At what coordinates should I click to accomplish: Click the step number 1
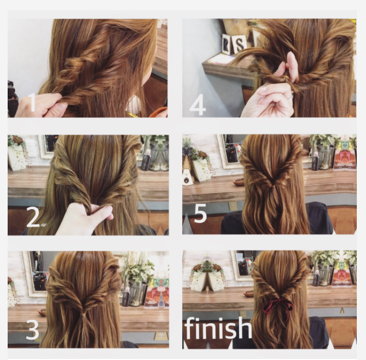[32, 102]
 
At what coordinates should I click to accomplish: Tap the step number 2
[33, 217]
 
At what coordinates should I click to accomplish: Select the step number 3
[32, 329]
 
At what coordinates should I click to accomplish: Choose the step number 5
[201, 213]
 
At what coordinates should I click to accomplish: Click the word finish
[218, 328]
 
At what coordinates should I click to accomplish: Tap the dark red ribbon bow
[278, 306]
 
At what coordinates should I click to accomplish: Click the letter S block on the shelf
[239, 44]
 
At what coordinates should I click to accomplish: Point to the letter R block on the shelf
[226, 44]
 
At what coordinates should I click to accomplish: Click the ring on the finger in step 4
[289, 96]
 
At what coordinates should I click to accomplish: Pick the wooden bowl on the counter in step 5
[238, 182]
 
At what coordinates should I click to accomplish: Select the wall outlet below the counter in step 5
[232, 205]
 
